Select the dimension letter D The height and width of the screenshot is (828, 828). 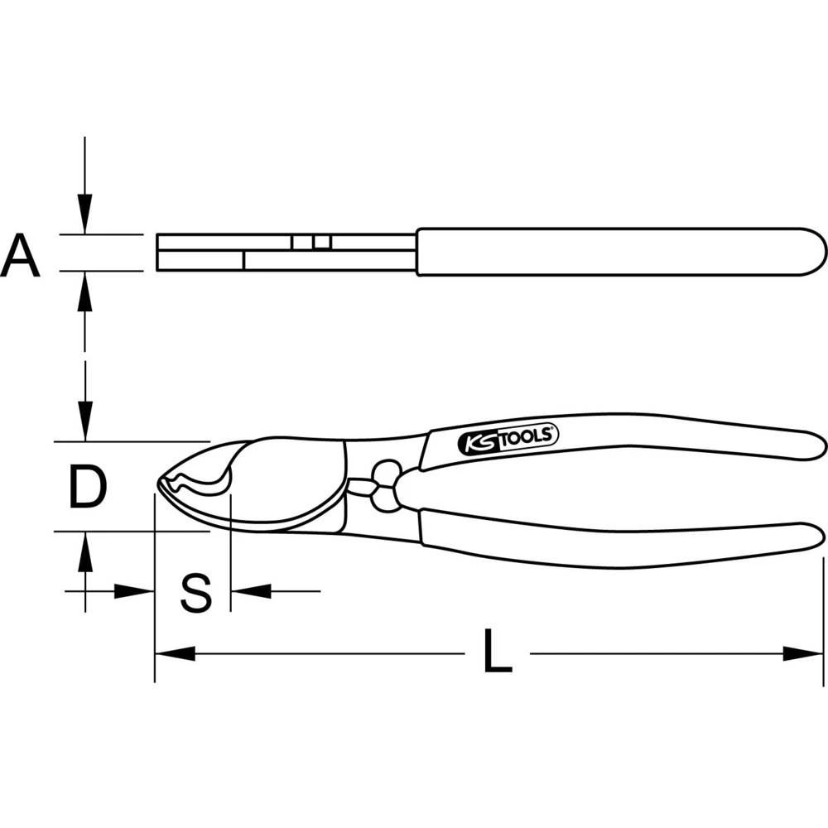click(87, 487)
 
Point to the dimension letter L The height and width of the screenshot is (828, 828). click(497, 653)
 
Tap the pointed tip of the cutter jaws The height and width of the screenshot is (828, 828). click(159, 484)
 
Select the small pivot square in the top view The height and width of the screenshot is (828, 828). click(311, 242)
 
